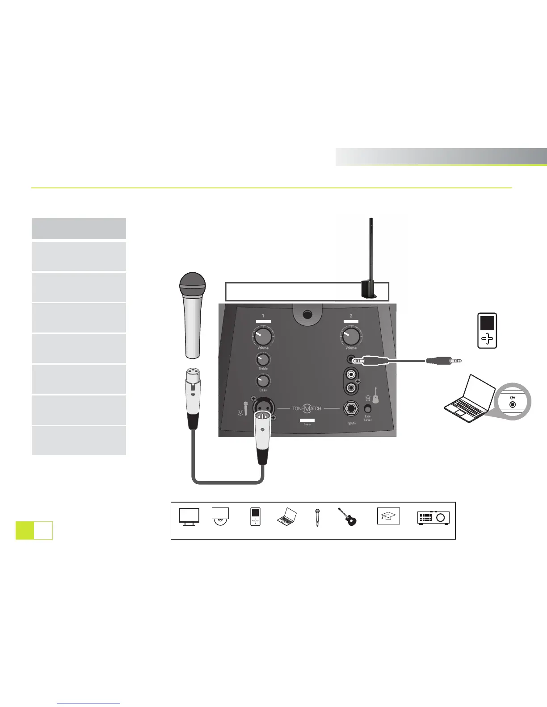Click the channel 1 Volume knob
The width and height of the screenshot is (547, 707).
tap(263, 336)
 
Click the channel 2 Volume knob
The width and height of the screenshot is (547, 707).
tap(351, 336)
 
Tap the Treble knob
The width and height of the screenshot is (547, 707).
tap(263, 359)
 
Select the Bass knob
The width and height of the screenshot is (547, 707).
tap(263, 380)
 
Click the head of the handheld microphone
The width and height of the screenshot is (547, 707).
tap(192, 283)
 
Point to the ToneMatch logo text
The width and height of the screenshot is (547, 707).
tap(307, 408)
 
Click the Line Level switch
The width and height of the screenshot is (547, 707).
tap(368, 409)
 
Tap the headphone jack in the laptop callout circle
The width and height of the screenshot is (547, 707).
tap(513, 404)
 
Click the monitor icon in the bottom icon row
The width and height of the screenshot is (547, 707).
tap(189, 517)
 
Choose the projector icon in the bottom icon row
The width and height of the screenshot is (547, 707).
tap(433, 517)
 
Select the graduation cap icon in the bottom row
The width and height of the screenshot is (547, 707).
tap(388, 516)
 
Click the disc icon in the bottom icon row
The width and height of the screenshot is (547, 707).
tap(220, 517)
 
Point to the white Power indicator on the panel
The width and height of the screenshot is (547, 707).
tap(307, 420)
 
